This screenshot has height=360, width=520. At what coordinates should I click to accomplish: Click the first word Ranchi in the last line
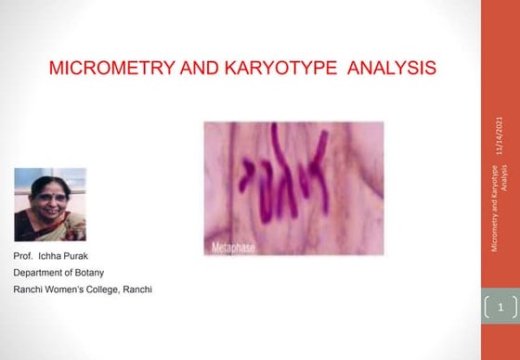[x=28, y=289]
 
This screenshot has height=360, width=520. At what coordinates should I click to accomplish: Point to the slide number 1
[x=500, y=305]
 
